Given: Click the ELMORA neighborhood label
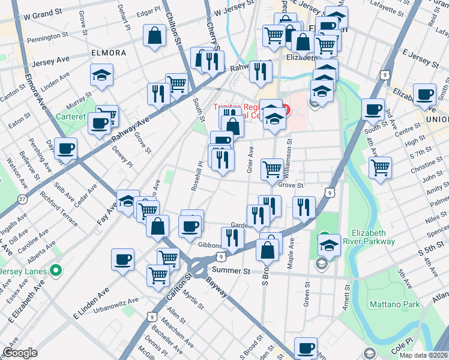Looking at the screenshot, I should (x=109, y=53).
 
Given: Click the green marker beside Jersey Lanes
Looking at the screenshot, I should (x=56, y=271).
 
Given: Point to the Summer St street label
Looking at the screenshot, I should (x=231, y=271).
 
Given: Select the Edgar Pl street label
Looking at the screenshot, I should (x=148, y=11).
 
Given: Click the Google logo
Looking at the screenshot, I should (x=20, y=353).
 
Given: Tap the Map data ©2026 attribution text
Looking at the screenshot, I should (x=422, y=355).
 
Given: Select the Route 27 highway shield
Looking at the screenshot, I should (x=22, y=199).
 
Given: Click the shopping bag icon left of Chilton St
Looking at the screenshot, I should (x=155, y=35).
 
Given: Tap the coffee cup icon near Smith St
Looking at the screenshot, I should (x=425, y=94).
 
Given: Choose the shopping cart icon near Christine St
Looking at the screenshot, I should (x=380, y=167).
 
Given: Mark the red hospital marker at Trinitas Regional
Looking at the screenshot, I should (x=286, y=110).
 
